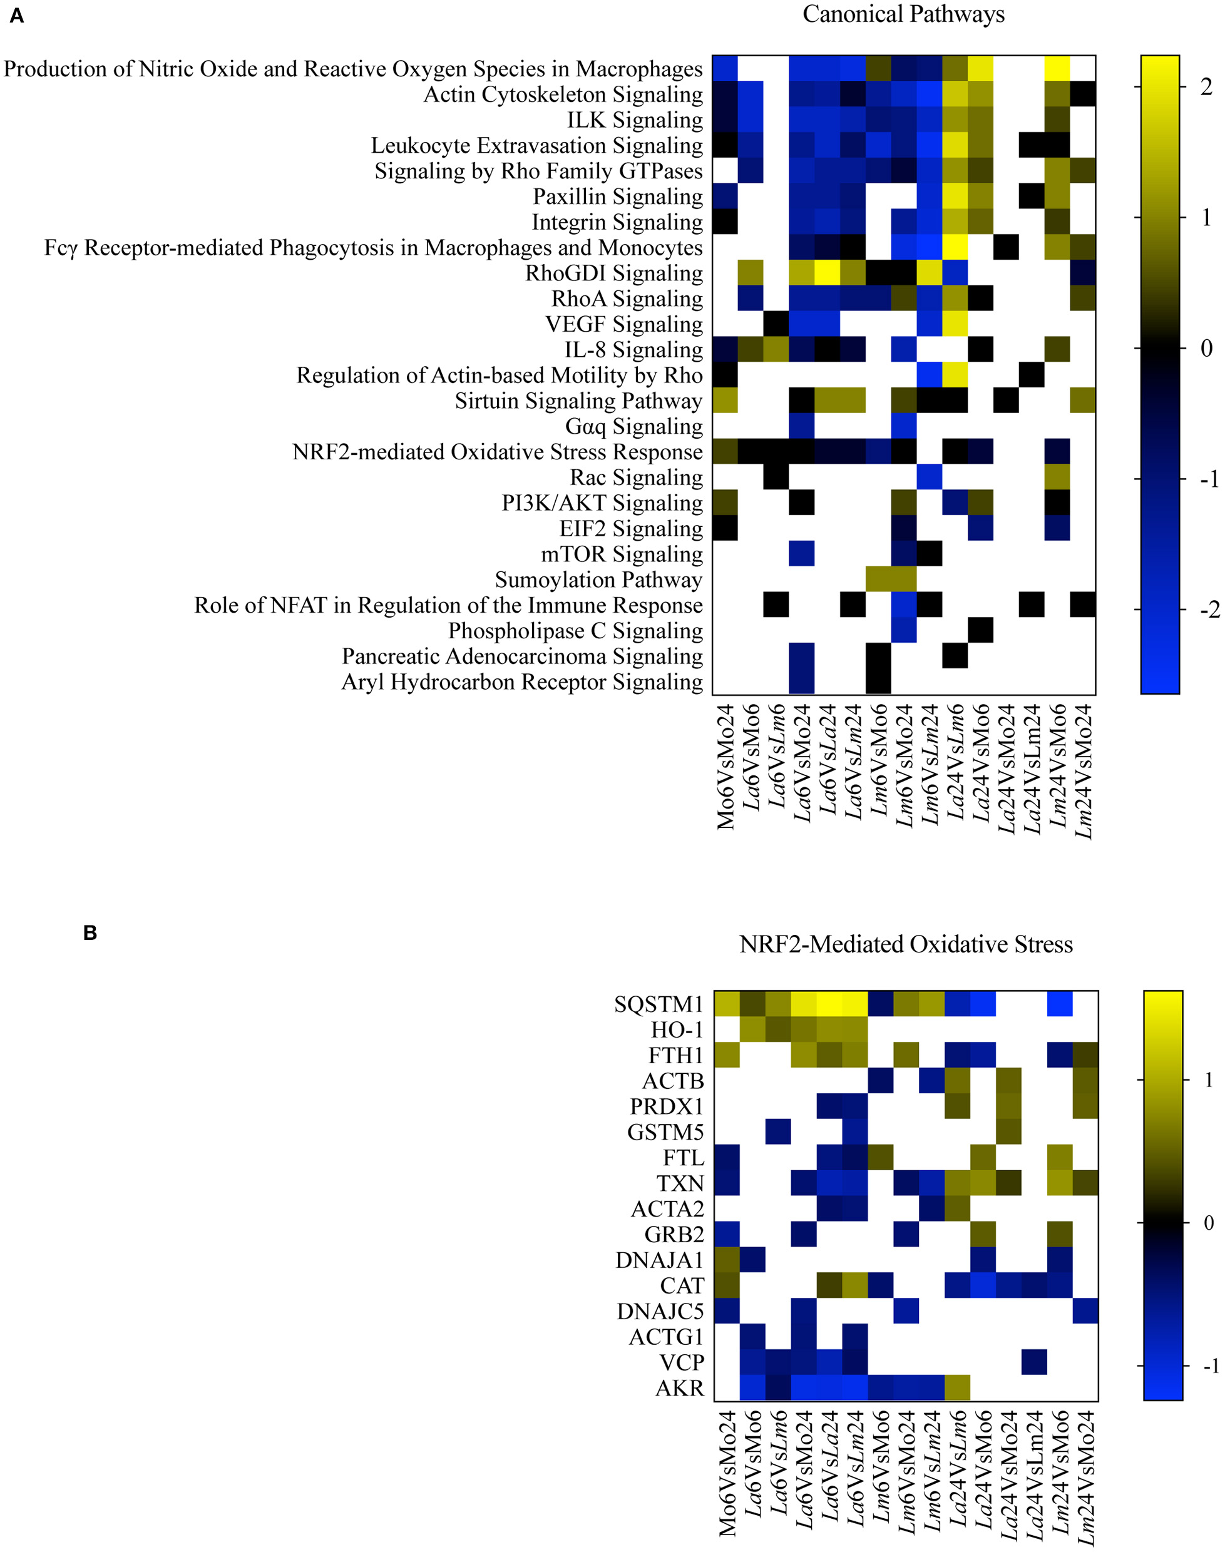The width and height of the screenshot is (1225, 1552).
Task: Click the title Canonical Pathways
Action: [903, 14]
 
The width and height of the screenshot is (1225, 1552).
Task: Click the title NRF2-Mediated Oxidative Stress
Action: [905, 945]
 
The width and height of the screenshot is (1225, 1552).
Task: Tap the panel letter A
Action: [16, 16]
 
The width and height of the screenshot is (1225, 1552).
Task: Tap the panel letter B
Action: [90, 932]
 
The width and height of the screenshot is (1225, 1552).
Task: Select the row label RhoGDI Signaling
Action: [614, 273]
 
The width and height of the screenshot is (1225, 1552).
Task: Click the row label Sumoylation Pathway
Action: [598, 579]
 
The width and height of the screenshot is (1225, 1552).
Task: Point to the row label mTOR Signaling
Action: [621, 554]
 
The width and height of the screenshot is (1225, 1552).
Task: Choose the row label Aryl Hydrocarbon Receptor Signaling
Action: [521, 682]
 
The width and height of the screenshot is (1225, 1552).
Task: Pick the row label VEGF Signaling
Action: [624, 324]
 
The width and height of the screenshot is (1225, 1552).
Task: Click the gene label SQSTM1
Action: [659, 1004]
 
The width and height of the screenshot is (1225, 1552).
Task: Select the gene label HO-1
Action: [677, 1030]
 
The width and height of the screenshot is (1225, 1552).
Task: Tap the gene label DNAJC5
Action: [660, 1311]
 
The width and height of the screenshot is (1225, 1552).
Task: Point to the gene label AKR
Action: [680, 1388]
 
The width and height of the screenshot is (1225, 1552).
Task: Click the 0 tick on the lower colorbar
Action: [1209, 1223]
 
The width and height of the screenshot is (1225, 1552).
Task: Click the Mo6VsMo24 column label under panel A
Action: [726, 767]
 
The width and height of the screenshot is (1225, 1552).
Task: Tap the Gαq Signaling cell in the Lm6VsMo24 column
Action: [905, 427]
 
